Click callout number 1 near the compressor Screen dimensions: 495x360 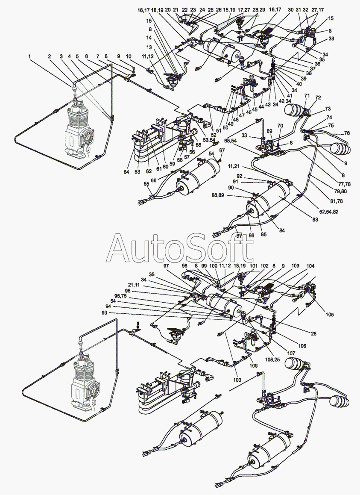coord(30,56)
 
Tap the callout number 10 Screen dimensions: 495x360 coord(129,56)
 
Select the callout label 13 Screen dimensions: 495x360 coord(149,47)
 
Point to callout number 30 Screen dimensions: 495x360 coord(291,9)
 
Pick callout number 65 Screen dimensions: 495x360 coord(146,183)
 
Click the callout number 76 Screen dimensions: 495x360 coord(347,133)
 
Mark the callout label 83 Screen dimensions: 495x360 coord(315,219)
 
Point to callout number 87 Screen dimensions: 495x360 coord(239,236)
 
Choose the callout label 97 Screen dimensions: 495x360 coord(166,265)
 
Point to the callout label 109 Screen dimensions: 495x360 coord(253,366)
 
